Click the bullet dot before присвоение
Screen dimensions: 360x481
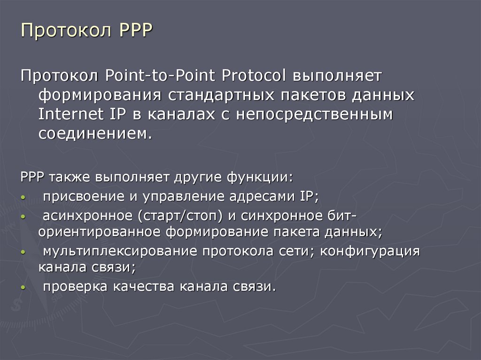pyautogui.click(x=23, y=198)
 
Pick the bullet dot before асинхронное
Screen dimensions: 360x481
pyautogui.click(x=23, y=217)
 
